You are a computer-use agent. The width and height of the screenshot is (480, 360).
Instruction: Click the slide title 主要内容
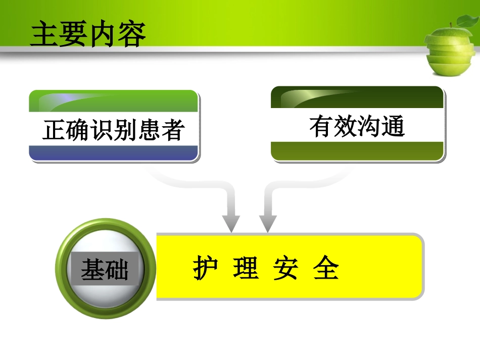click(88, 34)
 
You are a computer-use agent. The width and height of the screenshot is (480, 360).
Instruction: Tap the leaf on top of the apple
click(465, 21)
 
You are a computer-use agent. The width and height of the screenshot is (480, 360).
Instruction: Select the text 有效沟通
click(357, 126)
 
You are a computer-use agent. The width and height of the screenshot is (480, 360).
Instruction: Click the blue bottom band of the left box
click(113, 152)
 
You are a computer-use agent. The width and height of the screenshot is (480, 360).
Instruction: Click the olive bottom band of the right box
click(357, 150)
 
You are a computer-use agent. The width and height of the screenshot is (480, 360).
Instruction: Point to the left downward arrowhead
click(231, 222)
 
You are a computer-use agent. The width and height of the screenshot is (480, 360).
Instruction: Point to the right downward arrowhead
click(268, 222)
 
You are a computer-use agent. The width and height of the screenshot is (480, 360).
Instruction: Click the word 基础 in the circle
click(105, 270)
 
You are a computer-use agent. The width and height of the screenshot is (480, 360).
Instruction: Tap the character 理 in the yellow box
click(246, 268)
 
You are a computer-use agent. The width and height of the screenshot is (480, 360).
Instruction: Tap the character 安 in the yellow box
click(286, 268)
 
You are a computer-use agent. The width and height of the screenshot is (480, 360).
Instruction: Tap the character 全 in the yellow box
click(326, 268)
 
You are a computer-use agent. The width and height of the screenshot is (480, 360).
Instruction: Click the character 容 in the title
click(132, 34)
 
